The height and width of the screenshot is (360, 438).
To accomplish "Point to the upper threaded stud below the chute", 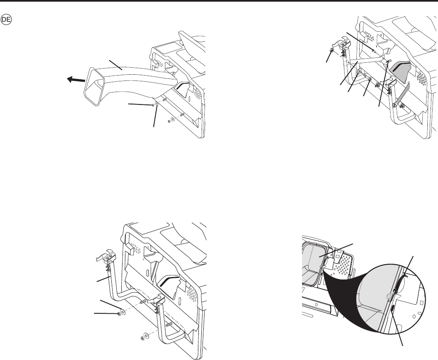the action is [164, 99].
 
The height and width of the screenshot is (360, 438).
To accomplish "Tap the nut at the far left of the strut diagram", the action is [332, 50].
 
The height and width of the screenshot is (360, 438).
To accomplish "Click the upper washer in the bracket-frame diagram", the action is [122, 312].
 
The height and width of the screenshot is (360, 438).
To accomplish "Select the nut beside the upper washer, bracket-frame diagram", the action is [118, 314].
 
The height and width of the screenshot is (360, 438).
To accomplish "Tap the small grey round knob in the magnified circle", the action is [388, 296].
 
